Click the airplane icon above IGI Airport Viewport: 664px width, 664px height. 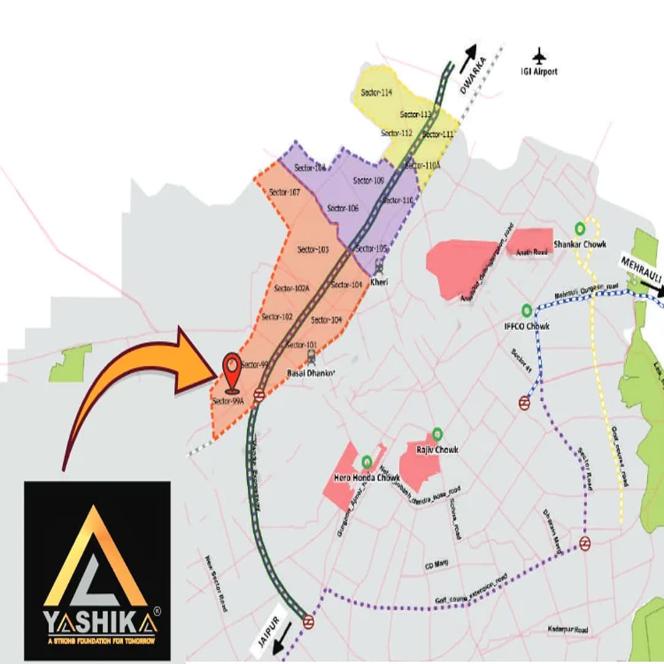point(540,56)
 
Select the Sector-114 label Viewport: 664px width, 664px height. point(376,92)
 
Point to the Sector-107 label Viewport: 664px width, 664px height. point(285,192)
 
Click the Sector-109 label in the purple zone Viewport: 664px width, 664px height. point(369,181)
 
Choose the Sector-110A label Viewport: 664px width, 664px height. point(423,165)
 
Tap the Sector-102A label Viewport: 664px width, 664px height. point(292,288)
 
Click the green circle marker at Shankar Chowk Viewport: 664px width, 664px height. point(579,229)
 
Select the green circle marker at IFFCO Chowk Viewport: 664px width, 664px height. point(527,310)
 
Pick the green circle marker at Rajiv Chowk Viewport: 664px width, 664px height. point(437,433)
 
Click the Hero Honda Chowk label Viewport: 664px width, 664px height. point(367,478)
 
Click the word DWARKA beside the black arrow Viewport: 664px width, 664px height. point(473,75)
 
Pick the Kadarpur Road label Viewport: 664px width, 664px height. point(567,630)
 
